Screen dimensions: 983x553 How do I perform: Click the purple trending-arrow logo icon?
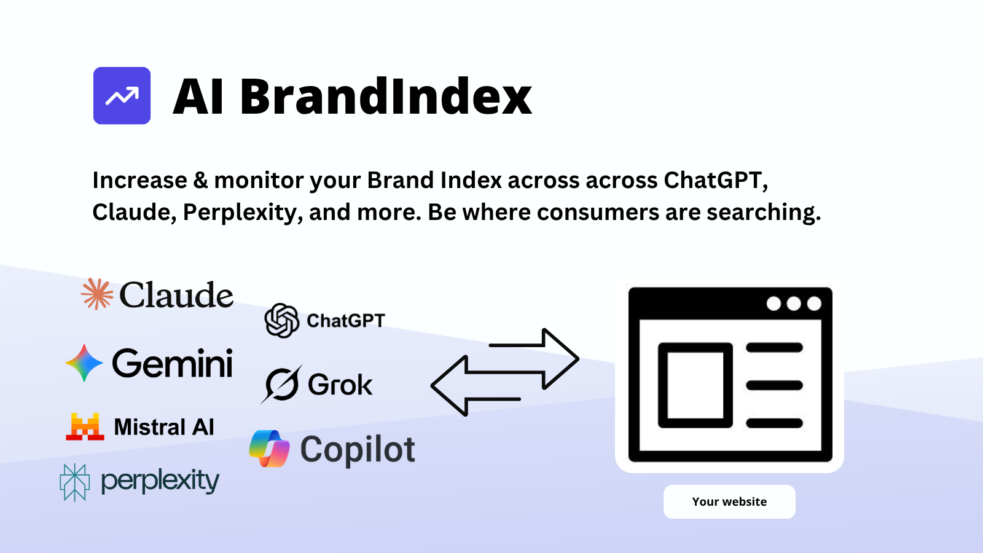[x=122, y=96]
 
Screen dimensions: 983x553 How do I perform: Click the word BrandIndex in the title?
[x=386, y=96]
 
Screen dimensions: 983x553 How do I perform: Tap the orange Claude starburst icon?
[x=97, y=294]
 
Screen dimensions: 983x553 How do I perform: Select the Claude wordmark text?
[x=176, y=295]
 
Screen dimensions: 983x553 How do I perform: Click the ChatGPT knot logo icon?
[x=282, y=320]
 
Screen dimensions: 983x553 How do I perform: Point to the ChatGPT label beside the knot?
[x=346, y=321]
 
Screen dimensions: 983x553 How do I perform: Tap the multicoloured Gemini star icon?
[x=84, y=363]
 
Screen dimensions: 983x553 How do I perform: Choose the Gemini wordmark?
[x=173, y=363]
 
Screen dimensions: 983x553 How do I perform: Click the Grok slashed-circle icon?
[x=282, y=385]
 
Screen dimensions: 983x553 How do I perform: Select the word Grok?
[x=340, y=385]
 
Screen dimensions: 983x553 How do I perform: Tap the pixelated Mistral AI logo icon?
[x=85, y=426]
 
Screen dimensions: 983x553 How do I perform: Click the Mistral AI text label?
[x=164, y=427]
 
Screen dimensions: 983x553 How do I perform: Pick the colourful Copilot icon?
[x=270, y=449]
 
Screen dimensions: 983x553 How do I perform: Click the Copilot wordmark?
[x=358, y=450]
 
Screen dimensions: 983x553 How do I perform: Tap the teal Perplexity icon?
[x=74, y=482]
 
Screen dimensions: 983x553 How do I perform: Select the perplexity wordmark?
[x=160, y=482]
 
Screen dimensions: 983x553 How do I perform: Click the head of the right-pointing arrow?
[x=561, y=359]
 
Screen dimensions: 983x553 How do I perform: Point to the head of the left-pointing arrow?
[x=449, y=386]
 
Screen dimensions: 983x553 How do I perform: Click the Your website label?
[x=729, y=501]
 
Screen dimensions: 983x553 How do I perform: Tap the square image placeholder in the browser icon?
[x=695, y=385]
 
